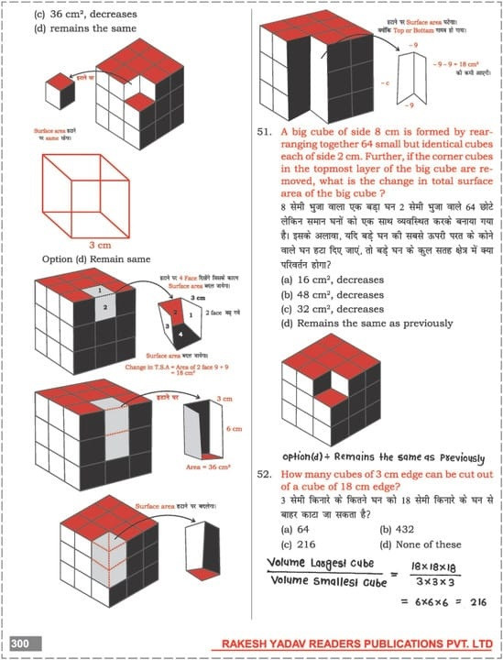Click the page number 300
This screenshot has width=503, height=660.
(x=20, y=644)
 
